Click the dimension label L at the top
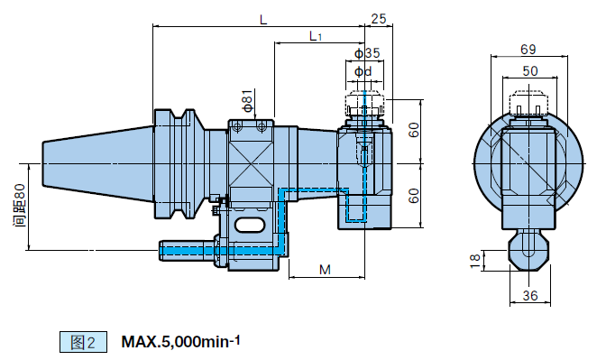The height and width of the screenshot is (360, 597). coord(263,20)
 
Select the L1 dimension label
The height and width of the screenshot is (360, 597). coord(316,36)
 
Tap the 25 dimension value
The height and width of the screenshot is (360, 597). coord(378,19)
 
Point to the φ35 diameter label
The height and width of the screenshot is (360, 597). coord(367,53)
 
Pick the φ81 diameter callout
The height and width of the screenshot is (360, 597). coord(247,100)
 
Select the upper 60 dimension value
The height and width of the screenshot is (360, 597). coord(413,130)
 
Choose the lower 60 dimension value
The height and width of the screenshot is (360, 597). coord(413,196)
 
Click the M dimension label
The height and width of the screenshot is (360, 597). coord(325,270)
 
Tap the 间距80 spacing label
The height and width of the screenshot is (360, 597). coord(20,206)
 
